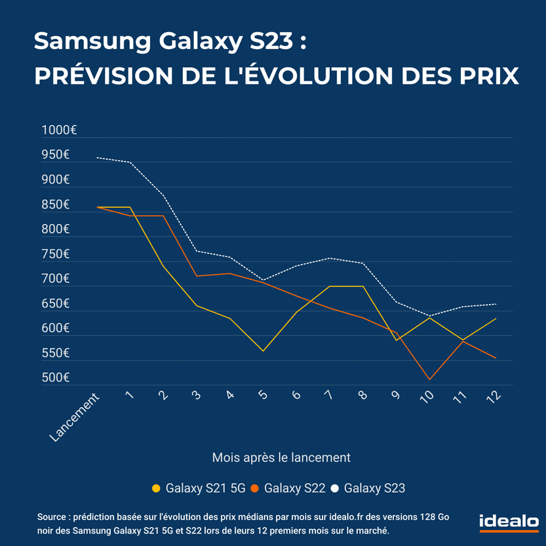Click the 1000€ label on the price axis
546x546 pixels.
[60, 130]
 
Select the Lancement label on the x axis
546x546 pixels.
[76, 417]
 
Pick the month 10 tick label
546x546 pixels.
[426, 398]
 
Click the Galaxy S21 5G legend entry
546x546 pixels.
[199, 488]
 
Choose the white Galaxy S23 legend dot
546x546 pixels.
[335, 488]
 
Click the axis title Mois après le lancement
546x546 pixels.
[281, 457]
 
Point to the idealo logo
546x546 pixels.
[509, 521]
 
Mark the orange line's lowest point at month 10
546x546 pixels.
[429, 380]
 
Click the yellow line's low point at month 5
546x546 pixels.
[263, 351]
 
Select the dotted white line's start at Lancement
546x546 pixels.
[97, 157]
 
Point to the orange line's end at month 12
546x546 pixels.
[496, 358]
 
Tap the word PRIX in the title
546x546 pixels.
[487, 75]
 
